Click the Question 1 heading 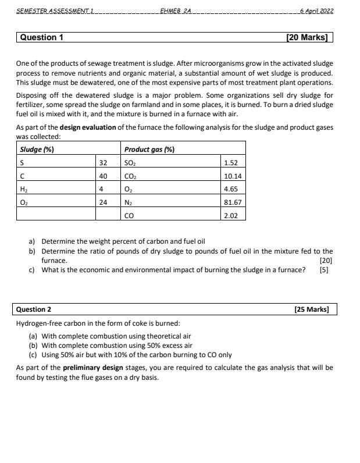[x=42, y=37]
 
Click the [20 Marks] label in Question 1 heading [x=306, y=37]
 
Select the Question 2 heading [x=34, y=309]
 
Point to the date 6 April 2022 [x=317, y=11]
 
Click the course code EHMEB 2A [x=175, y=11]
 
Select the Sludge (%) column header [x=37, y=149]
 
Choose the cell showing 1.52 [x=231, y=163]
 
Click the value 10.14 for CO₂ [x=233, y=176]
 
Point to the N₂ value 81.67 [x=233, y=202]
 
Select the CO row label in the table [x=129, y=215]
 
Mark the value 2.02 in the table [x=231, y=215]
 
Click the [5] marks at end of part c [x=324, y=269]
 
